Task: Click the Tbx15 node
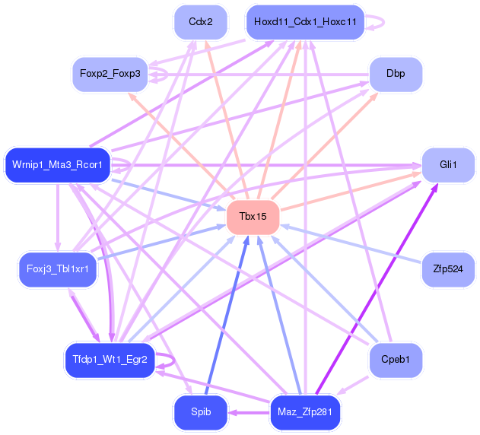tap(253, 217)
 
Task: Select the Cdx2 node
tap(201, 22)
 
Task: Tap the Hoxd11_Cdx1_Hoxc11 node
tap(305, 22)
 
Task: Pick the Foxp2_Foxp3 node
tap(110, 74)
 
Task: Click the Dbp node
tap(396, 74)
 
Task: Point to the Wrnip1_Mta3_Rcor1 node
tap(58, 164)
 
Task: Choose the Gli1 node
tap(448, 165)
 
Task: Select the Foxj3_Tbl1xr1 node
tap(58, 268)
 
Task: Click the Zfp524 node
tap(448, 268)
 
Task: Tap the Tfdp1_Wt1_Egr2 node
tap(110, 359)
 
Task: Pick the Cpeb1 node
tap(396, 359)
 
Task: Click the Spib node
tap(201, 412)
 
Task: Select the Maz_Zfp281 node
tap(305, 412)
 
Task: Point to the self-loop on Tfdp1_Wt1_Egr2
tap(174, 360)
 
